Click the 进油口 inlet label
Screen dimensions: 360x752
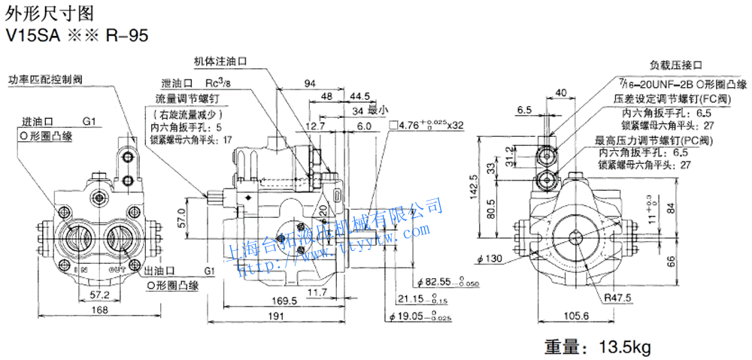pyautogui.click(x=37, y=121)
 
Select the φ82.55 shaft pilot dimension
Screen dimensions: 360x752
pyautogui.click(x=430, y=280)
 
